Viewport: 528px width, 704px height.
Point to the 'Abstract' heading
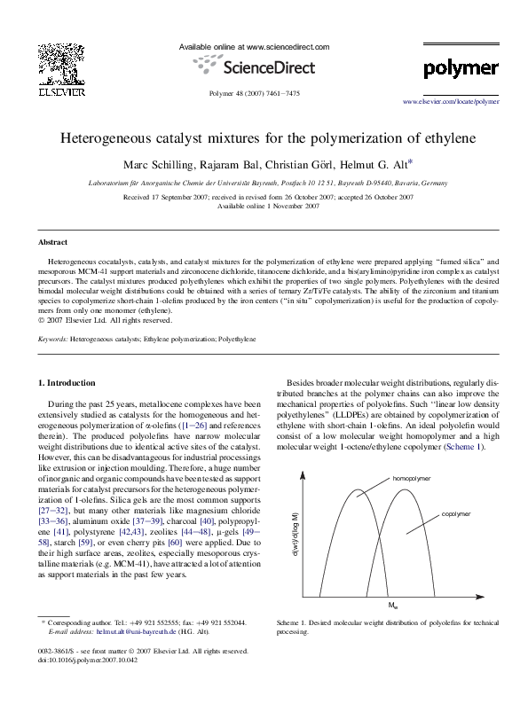click(52, 242)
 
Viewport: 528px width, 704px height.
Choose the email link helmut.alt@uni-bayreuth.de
click(133, 632)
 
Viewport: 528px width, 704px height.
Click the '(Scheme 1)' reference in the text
click(467, 448)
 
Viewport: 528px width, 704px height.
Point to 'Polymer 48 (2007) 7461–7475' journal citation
click(254, 92)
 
